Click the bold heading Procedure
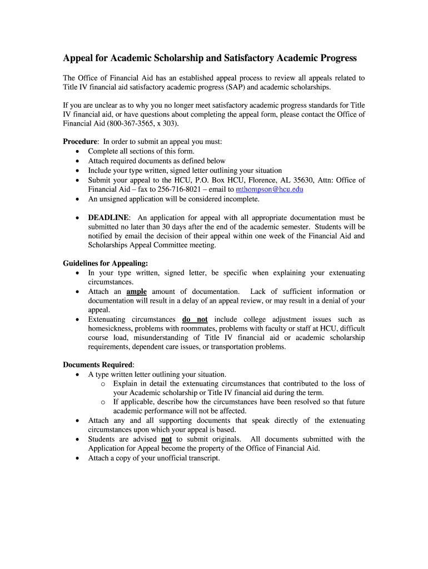(80, 142)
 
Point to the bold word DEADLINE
(108, 218)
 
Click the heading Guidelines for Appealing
(105, 263)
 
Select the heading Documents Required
(98, 365)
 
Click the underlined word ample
(137, 292)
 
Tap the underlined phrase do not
(195, 320)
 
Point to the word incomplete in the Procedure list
(241, 199)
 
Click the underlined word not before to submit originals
(166, 439)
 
